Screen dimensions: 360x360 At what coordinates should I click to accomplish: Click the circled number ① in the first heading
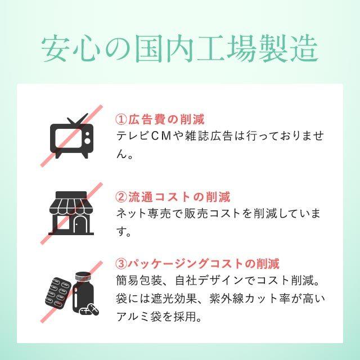tap(121, 120)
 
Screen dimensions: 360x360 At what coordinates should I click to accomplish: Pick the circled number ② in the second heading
tap(121, 197)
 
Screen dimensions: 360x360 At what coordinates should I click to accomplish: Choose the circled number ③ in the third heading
tap(121, 263)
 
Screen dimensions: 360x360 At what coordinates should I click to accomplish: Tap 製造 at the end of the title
tap(290, 49)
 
